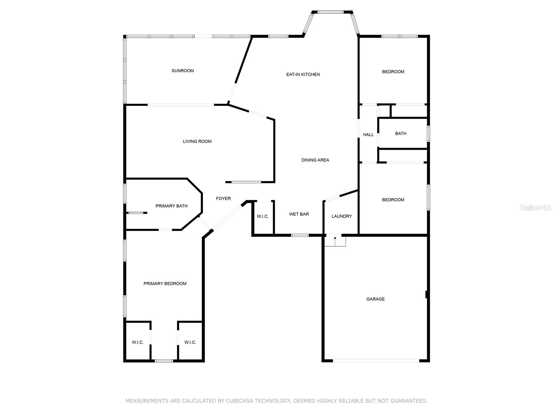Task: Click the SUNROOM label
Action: point(182,71)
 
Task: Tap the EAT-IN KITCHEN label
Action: point(303,74)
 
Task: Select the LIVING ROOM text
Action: point(197,141)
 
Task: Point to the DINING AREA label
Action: point(315,160)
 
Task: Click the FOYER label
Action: point(223,199)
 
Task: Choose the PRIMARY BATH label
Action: point(171,206)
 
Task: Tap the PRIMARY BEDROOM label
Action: point(165,284)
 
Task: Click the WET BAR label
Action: point(299,214)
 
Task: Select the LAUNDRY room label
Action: point(341,216)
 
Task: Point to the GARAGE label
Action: point(375,299)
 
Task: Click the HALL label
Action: point(368,135)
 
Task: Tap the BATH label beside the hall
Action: point(401,133)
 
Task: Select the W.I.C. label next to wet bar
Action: point(263,217)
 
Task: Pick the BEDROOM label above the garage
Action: point(393,200)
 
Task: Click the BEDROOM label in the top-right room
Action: point(393,72)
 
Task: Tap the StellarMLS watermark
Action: point(536,207)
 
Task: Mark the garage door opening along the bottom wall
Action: point(376,361)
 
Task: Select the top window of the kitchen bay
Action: point(330,12)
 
